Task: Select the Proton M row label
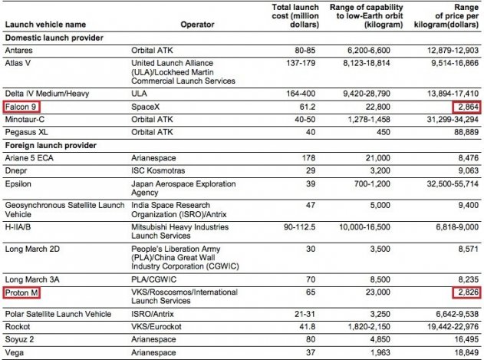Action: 23,293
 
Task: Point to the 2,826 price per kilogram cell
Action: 463,293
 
